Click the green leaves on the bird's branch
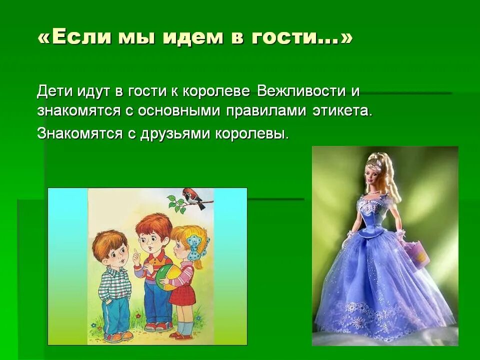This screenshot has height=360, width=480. (x=175, y=203)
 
